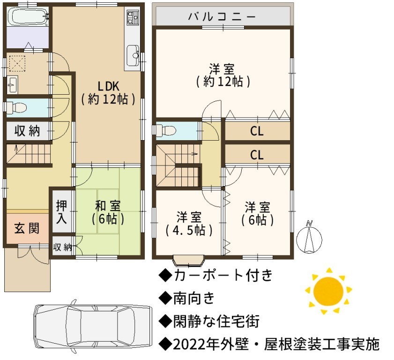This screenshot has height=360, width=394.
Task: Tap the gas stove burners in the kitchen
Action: pos(133,18)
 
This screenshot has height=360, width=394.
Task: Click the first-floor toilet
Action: pos(15,108)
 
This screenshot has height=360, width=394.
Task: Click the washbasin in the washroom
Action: pos(12,84)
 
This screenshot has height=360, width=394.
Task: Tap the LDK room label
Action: pos(108,93)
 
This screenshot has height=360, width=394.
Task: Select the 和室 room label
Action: pos(108,212)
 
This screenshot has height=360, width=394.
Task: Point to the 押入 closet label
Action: pos(61,211)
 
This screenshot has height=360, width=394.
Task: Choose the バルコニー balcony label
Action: pos(222,16)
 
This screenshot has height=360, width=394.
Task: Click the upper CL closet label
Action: pos(257,131)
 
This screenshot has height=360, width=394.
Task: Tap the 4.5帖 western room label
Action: pos(189,224)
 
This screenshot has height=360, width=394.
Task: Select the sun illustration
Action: pos(328,292)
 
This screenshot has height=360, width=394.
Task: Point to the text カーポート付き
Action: pos(223,275)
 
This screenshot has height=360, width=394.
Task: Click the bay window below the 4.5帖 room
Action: pos(189,261)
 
